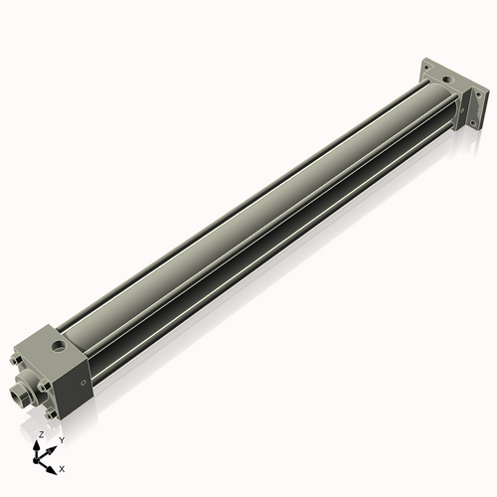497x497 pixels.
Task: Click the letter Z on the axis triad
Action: click(x=42, y=434)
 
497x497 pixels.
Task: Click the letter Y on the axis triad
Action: click(x=62, y=440)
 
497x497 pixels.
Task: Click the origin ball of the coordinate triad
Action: click(x=36, y=460)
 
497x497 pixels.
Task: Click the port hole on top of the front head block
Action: click(x=59, y=346)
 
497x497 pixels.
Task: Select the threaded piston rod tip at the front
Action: click(x=19, y=392)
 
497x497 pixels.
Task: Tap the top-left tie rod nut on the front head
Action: click(x=16, y=360)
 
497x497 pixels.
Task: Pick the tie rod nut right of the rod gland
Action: click(x=44, y=387)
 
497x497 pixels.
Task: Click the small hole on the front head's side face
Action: click(x=83, y=383)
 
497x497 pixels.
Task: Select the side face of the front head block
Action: click(x=75, y=388)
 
